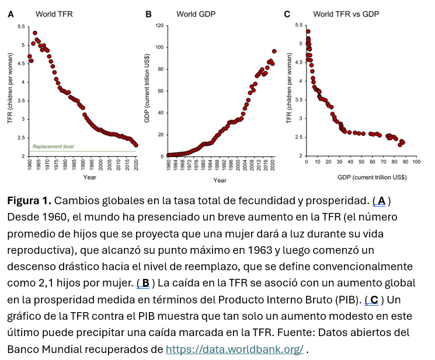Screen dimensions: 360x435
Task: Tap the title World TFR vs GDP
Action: coord(346,14)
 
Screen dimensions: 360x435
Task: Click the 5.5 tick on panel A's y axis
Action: coord(21,27)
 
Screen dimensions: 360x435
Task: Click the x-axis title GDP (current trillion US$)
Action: coord(371,176)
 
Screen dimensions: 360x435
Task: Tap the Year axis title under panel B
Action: coord(220,180)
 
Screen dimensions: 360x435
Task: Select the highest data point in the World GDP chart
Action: coord(274,51)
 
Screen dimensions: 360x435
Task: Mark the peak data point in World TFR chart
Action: coord(35,33)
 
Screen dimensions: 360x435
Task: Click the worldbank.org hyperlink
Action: coord(234,349)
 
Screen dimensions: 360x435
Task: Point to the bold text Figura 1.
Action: coord(29,201)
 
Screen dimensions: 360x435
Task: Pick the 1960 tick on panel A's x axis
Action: coord(30,164)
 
